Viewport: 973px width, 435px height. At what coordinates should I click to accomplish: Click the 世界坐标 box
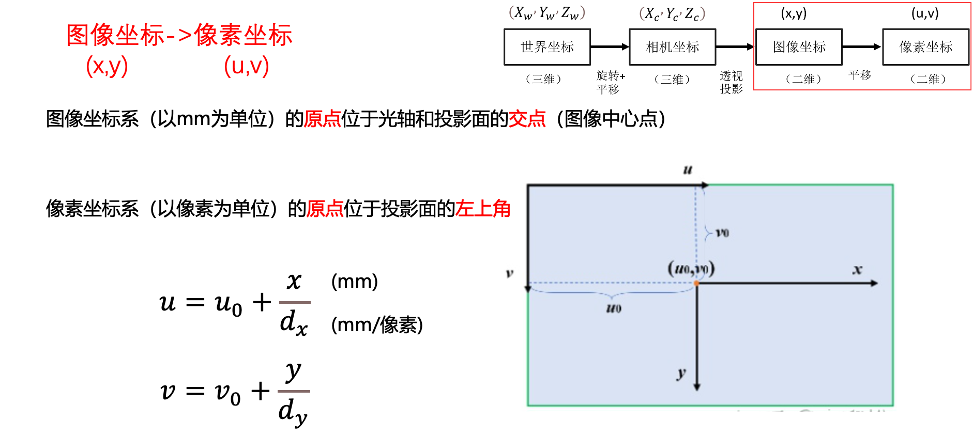pyautogui.click(x=547, y=47)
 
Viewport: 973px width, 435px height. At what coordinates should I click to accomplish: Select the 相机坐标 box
pyautogui.click(x=672, y=47)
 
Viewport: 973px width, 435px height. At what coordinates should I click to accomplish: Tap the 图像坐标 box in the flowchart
pyautogui.click(x=799, y=47)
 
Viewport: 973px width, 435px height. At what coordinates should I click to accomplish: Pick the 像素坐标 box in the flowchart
pyautogui.click(x=925, y=47)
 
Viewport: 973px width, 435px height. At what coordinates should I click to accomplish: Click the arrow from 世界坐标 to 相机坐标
pyautogui.click(x=610, y=47)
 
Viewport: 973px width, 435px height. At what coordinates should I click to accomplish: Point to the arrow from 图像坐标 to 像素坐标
pyautogui.click(x=861, y=47)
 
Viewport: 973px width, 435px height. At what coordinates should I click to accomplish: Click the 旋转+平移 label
pyautogui.click(x=611, y=83)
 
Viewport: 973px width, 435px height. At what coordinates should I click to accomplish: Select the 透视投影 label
pyautogui.click(x=731, y=83)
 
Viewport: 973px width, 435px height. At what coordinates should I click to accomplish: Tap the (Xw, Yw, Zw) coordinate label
pyautogui.click(x=547, y=13)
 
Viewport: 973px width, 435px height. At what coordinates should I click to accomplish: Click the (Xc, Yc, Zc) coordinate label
pyautogui.click(x=672, y=13)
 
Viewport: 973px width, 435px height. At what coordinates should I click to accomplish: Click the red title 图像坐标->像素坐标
pyautogui.click(x=179, y=35)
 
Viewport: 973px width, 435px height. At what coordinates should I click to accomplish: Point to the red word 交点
pyautogui.click(x=527, y=119)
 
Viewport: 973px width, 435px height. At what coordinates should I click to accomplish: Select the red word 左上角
pyautogui.click(x=482, y=209)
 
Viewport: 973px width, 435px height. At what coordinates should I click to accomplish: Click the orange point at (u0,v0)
pyautogui.click(x=696, y=283)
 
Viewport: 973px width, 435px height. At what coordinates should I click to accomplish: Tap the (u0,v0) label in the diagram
pyautogui.click(x=691, y=269)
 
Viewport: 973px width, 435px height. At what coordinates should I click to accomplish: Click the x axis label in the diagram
pyautogui.click(x=857, y=270)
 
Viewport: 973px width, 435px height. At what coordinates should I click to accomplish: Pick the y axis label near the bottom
pyautogui.click(x=682, y=373)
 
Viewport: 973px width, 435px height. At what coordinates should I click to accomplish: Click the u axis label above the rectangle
pyautogui.click(x=688, y=169)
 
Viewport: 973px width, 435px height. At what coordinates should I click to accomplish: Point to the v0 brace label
pyautogui.click(x=722, y=233)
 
